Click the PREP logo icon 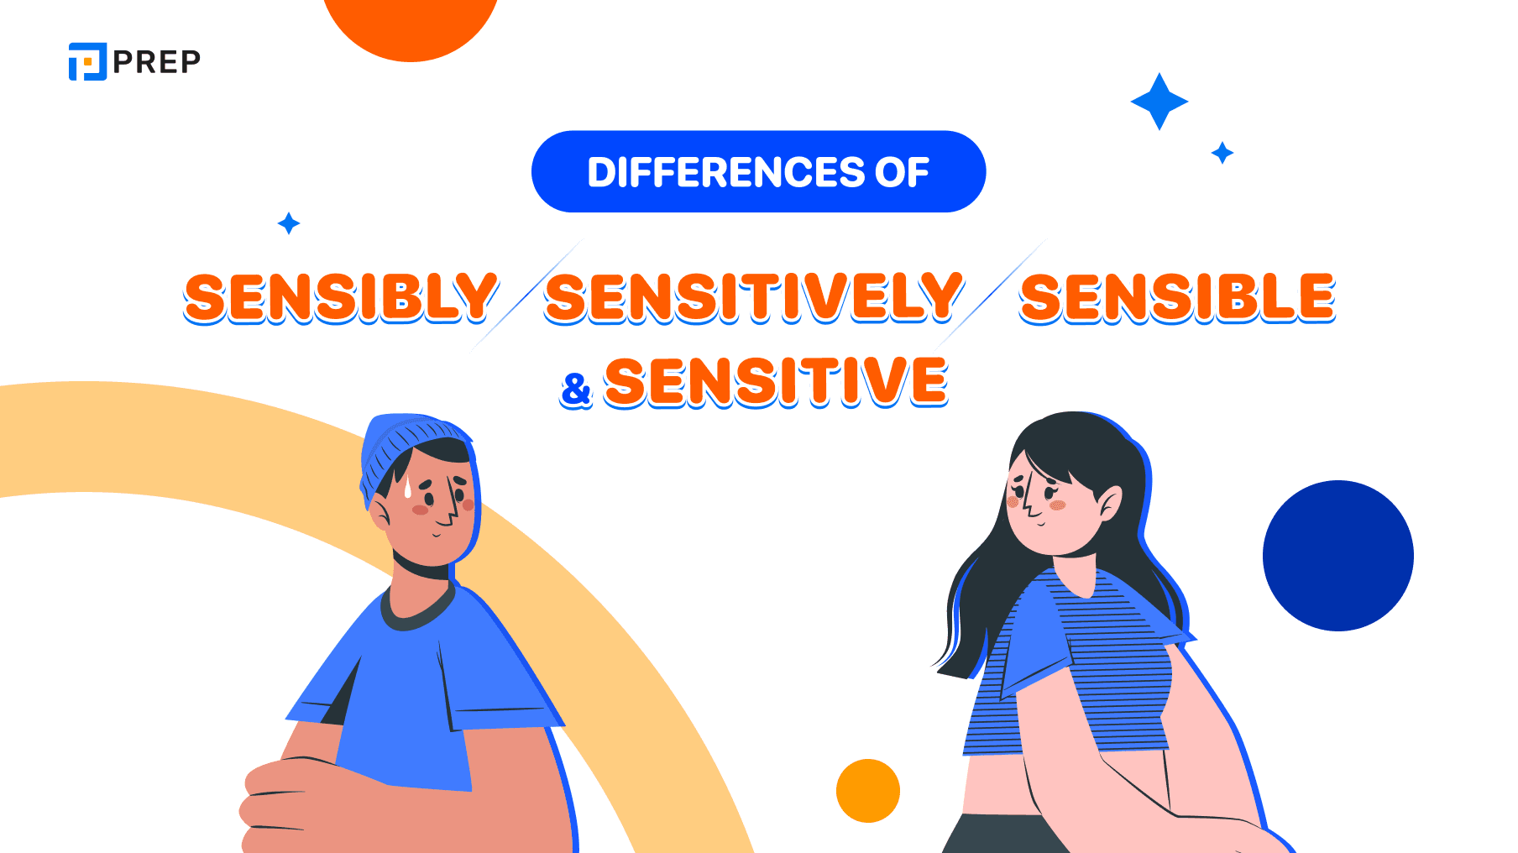pyautogui.click(x=87, y=61)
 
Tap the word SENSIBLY pyautogui.click(x=341, y=297)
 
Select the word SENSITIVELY pyautogui.click(x=753, y=297)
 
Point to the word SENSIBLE pyautogui.click(x=1177, y=297)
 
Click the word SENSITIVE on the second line pyautogui.click(x=776, y=381)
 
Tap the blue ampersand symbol pyautogui.click(x=576, y=390)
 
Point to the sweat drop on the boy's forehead pyautogui.click(x=408, y=489)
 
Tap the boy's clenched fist pyautogui.click(x=277, y=798)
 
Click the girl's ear pyautogui.click(x=1109, y=504)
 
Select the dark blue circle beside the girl pyautogui.click(x=1337, y=556)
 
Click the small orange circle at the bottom pyautogui.click(x=867, y=791)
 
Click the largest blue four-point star pyautogui.click(x=1159, y=102)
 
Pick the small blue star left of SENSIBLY pyautogui.click(x=289, y=223)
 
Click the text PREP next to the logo pyautogui.click(x=157, y=61)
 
